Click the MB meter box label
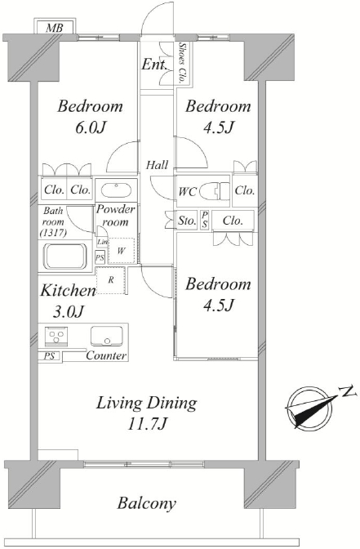[x=54, y=28]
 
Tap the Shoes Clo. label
[x=182, y=63]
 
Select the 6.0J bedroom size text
[x=91, y=127]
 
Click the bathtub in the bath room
[x=65, y=257]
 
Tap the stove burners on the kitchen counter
[x=56, y=336]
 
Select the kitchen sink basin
[x=107, y=336]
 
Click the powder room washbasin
[x=116, y=190]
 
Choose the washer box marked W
[x=121, y=251]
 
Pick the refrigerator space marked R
[x=110, y=280]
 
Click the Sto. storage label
[x=187, y=221]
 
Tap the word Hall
[x=157, y=164]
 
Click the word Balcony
[x=147, y=503]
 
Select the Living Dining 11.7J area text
[x=147, y=413]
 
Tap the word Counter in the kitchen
[x=106, y=355]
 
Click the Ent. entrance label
[x=153, y=65]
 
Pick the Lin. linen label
[x=102, y=241]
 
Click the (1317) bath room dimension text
[x=53, y=233]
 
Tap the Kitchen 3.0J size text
[x=69, y=301]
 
